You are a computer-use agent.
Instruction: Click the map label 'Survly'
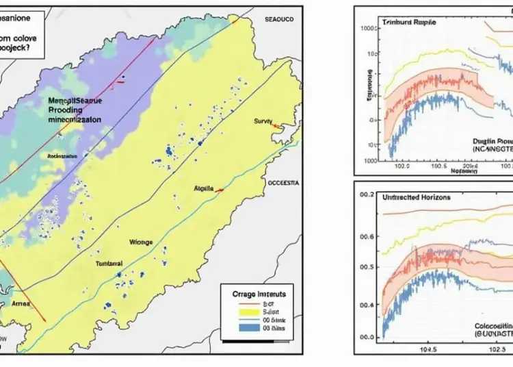coord(263,121)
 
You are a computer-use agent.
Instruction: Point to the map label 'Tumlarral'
coord(107,263)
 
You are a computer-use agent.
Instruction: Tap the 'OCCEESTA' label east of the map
coord(282,183)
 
